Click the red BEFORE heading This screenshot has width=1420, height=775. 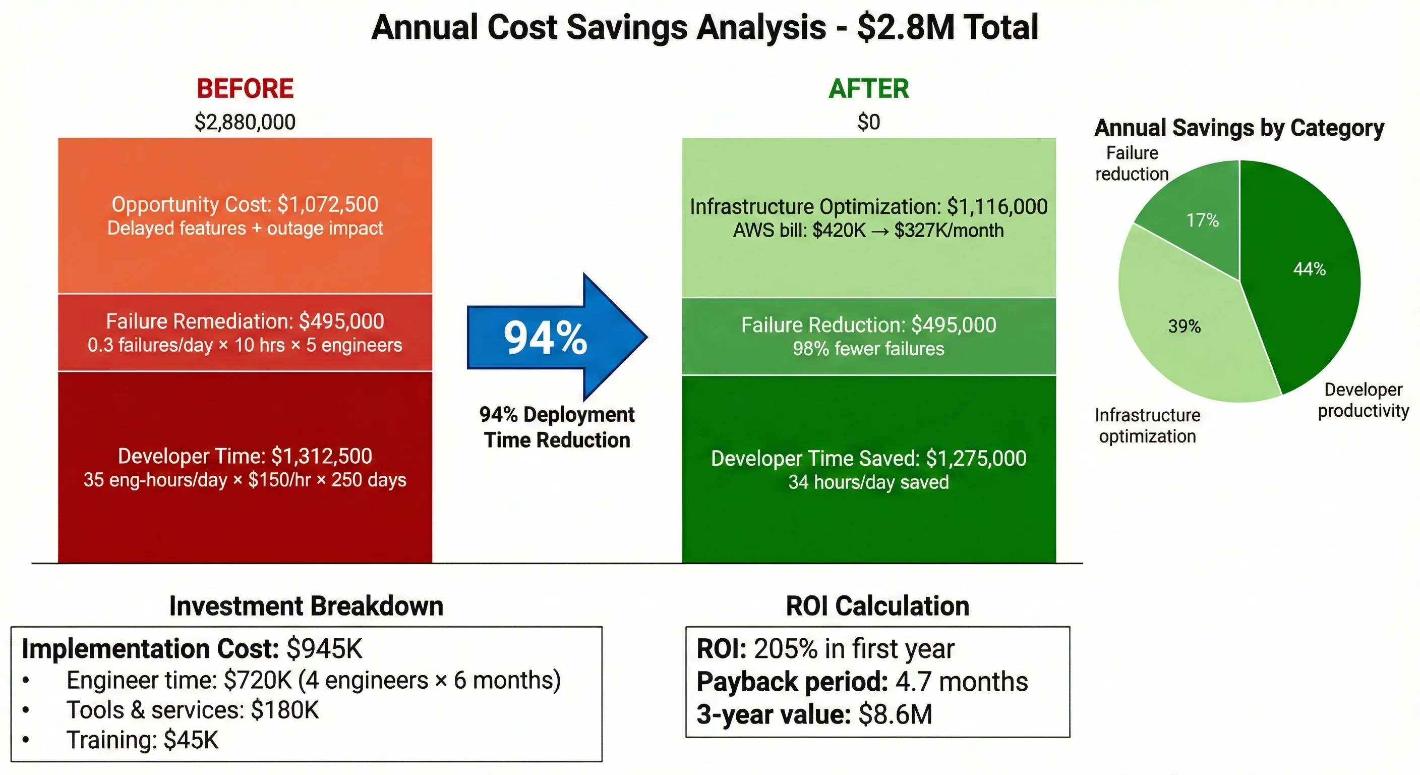245,89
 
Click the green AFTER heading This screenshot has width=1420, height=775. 868,89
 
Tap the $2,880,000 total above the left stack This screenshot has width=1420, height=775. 245,122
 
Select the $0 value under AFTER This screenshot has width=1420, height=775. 868,122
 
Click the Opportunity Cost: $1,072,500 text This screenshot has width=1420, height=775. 245,205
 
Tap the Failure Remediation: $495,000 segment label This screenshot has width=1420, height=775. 245,321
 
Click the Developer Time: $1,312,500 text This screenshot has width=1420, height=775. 245,456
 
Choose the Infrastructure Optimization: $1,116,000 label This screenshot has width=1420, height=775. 868,207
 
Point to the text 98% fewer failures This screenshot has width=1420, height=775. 868,349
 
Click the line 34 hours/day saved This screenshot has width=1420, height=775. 868,482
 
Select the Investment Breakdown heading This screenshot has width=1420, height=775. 306,605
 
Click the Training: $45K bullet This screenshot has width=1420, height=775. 142,740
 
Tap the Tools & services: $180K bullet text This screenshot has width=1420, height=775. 193,710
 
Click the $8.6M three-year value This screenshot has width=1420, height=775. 895,714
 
